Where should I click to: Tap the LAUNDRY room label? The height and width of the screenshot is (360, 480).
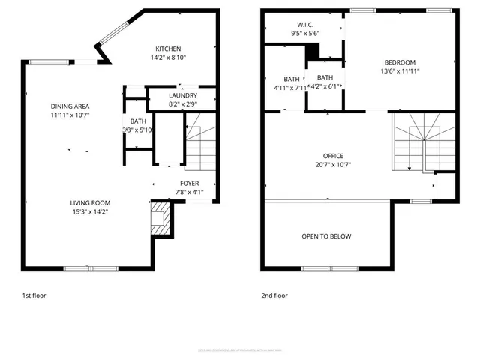point(182,95)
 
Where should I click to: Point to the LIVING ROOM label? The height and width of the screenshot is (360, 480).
point(90,202)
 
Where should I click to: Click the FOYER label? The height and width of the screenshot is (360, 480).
point(189,183)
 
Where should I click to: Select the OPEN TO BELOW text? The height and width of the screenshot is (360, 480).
point(326,236)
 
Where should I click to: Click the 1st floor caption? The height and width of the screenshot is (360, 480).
point(34,295)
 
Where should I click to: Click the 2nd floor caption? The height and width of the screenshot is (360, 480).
point(274,295)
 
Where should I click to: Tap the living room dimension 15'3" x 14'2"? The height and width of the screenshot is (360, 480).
point(90,211)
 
